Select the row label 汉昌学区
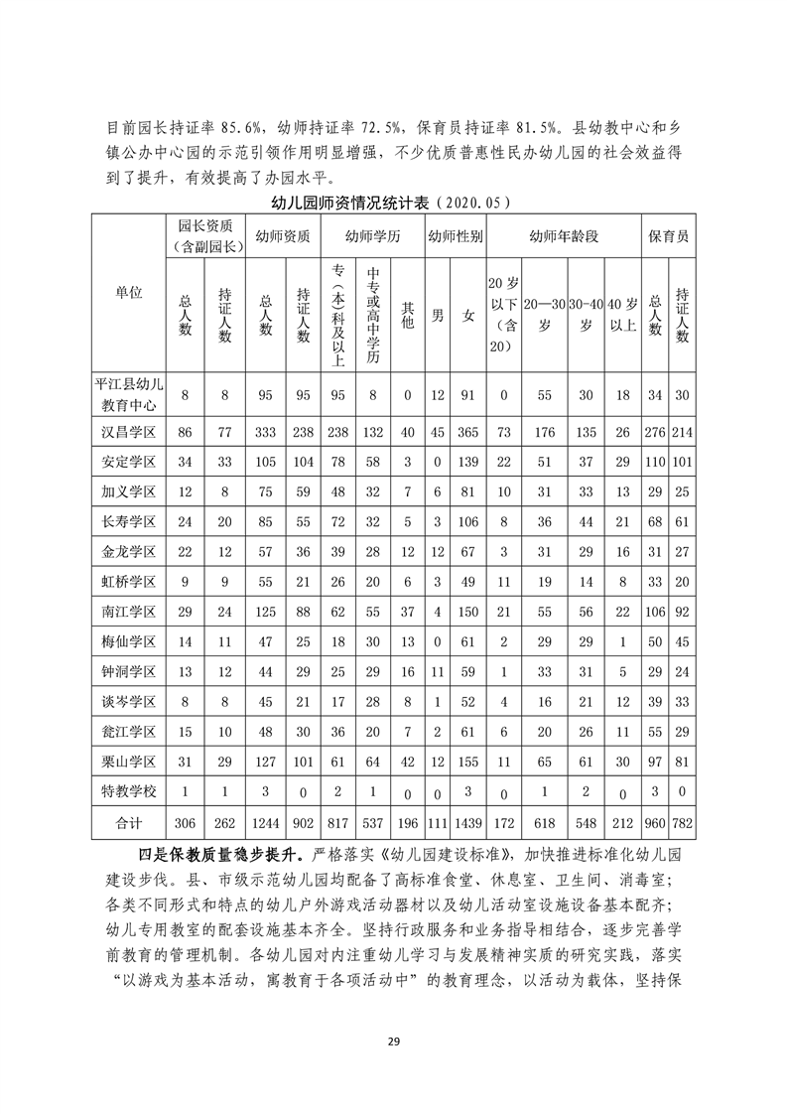coord(128,433)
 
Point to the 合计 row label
coord(128,823)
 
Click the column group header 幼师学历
coord(372,236)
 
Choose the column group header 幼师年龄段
coord(564,236)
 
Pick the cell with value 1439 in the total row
coord(467,823)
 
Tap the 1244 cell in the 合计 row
coord(266,823)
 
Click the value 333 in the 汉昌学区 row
coord(266,433)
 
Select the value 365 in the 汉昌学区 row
coord(467,433)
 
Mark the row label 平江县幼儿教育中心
coord(128,395)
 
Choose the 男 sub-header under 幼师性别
coord(438,316)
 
